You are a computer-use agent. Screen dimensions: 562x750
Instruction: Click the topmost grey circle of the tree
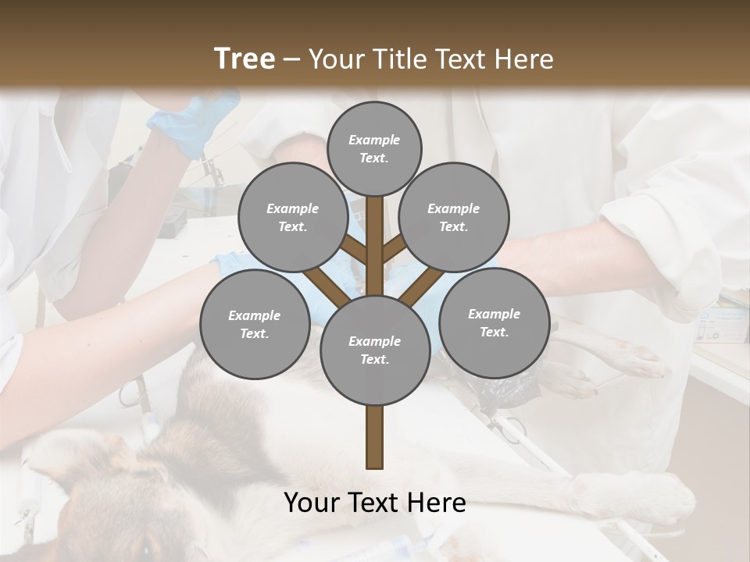[374, 148]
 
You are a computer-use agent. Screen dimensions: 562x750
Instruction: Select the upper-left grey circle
[293, 217]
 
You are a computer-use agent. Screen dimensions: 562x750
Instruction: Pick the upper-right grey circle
[454, 217]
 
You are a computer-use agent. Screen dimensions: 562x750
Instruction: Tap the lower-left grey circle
[255, 324]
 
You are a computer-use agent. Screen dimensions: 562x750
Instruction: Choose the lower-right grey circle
[494, 322]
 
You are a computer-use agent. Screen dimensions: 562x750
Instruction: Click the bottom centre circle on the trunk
[374, 350]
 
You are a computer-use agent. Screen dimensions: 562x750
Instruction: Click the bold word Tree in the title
[245, 59]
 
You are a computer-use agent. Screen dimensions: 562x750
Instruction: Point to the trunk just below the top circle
[374, 215]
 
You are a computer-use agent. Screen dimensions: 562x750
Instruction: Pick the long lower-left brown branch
[327, 286]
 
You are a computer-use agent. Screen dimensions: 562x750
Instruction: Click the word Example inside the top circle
[374, 140]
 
